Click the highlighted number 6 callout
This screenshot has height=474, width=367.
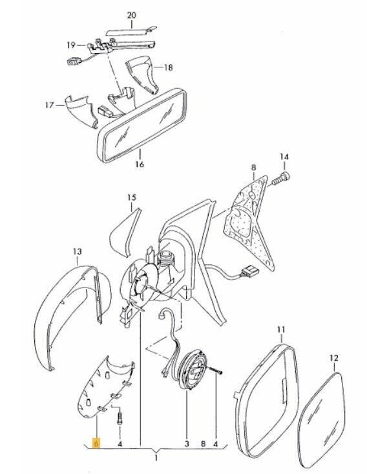tap(96, 444)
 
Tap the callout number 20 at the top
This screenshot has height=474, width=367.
tap(131, 15)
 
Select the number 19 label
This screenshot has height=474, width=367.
tap(71, 45)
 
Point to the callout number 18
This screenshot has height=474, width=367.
tap(168, 67)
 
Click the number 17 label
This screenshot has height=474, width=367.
tap(50, 105)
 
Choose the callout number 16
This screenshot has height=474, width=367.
tap(140, 164)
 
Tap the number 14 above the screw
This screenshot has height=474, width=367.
tap(284, 157)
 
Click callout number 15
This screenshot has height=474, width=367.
tap(131, 198)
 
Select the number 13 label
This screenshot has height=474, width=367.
tap(77, 251)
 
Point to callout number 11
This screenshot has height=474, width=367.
tap(281, 330)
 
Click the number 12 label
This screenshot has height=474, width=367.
tap(334, 358)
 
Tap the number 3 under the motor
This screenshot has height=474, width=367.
tap(187, 444)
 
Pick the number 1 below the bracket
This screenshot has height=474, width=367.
tap(156, 458)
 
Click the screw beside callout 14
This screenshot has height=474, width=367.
tap(281, 178)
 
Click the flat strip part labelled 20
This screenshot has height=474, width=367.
tap(131, 31)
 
